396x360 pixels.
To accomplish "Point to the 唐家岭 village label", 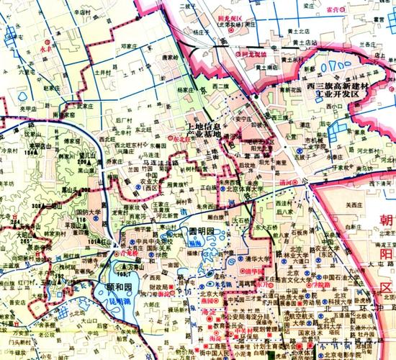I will click(169, 57).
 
